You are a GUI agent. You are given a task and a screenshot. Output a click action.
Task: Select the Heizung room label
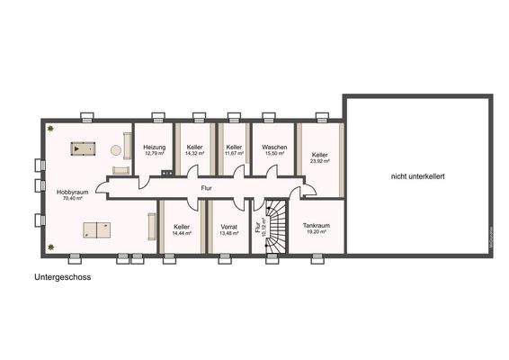(155, 147)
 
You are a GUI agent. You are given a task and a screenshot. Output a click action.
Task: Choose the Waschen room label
(273, 147)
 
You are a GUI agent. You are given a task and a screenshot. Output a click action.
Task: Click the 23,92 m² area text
(320, 162)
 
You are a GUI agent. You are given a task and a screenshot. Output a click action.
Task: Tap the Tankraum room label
(316, 225)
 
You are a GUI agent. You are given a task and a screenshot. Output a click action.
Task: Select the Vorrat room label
(228, 226)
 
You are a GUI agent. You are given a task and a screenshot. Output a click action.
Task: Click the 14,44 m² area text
(182, 233)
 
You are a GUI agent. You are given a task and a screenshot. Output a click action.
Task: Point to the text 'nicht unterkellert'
(417, 176)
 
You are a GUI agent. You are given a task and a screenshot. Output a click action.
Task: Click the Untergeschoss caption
(63, 278)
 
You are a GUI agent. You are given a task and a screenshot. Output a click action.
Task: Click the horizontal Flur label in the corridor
(206, 189)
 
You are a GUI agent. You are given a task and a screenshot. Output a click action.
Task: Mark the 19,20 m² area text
(316, 232)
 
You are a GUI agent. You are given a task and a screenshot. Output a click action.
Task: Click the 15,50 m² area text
(273, 154)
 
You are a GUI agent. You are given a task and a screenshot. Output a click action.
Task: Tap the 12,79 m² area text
(155, 154)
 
